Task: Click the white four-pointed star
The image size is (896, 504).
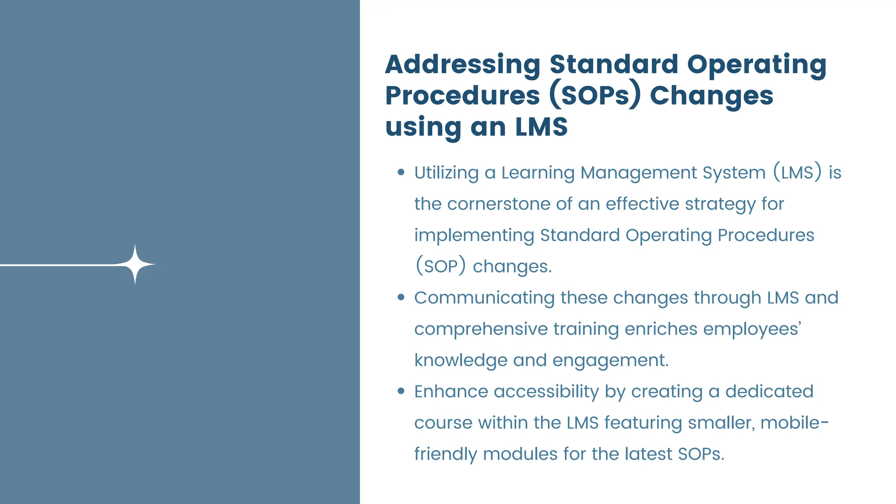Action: tap(135, 264)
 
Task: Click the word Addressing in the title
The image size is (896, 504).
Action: tap(463, 64)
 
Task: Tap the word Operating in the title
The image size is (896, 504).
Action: tap(756, 64)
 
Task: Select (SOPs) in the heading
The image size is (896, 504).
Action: tap(595, 95)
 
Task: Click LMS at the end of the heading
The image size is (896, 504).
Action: tap(541, 127)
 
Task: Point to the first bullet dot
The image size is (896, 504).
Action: tap(401, 172)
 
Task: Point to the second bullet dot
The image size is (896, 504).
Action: tap(401, 297)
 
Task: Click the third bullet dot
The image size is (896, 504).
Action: tap(401, 391)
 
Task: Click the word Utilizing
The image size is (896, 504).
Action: tap(446, 172)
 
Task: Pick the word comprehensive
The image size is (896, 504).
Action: tap(481, 329)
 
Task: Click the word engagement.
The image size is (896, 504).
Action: tap(610, 360)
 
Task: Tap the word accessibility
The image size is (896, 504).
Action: tap(546, 391)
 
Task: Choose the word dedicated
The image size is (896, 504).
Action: tap(769, 391)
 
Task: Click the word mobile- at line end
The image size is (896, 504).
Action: tap(794, 423)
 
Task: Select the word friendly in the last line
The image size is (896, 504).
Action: tap(445, 454)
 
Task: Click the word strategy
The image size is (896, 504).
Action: tap(720, 204)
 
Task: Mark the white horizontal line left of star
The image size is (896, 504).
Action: tap(57, 265)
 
